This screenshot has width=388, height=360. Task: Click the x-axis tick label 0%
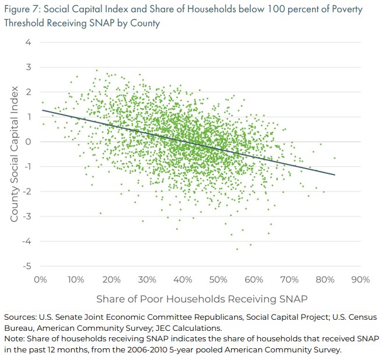coord(40,279)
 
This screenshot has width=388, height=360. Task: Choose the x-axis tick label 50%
coord(218,279)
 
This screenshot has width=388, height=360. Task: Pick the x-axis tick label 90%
coord(361,279)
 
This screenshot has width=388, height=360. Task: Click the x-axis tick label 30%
coord(147,279)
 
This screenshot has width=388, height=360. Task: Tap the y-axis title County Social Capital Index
coord(15,154)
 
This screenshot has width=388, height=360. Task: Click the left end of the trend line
coord(41,110)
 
